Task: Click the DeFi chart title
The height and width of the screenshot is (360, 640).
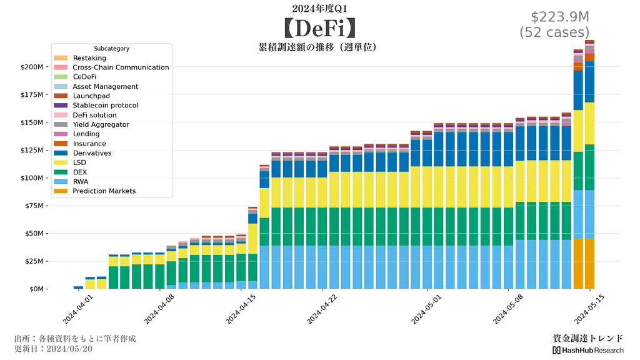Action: point(319,28)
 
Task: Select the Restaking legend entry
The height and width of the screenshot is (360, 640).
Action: point(89,58)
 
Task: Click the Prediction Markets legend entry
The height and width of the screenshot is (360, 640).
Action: point(104,191)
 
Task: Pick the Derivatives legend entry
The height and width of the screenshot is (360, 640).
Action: point(92,153)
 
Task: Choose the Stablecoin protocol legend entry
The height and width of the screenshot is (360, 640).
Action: point(105,106)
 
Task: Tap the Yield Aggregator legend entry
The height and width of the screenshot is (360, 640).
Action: point(101,125)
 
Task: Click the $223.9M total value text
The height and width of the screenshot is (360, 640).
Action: point(560,17)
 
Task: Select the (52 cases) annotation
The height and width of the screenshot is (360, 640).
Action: point(554,32)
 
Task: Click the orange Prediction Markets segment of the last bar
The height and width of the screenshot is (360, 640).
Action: point(589,263)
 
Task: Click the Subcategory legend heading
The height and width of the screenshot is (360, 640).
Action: point(111,48)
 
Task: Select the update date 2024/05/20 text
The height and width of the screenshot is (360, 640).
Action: point(53,349)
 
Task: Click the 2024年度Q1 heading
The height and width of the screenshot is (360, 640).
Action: point(319,8)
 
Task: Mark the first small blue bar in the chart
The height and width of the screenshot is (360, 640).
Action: point(78,287)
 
